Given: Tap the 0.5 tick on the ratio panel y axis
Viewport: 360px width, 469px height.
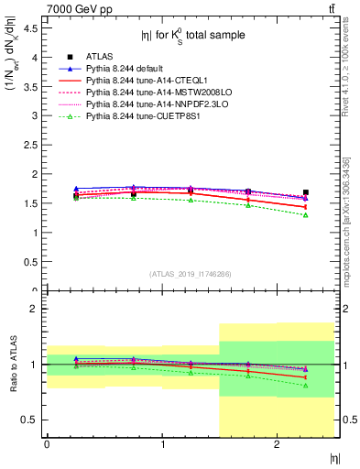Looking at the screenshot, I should tap(29, 420).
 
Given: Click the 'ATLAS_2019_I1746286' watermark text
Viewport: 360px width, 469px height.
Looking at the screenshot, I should tap(190, 274).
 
